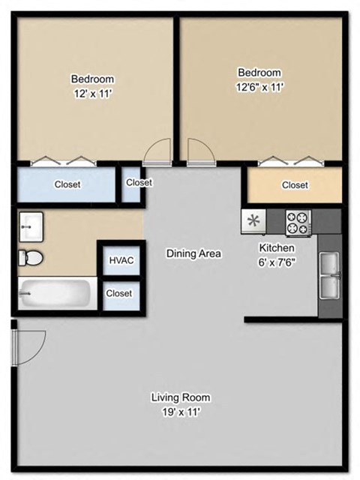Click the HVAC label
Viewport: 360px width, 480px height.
tap(121, 260)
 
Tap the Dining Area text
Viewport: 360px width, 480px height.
tap(193, 253)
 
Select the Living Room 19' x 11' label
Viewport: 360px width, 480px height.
tap(180, 403)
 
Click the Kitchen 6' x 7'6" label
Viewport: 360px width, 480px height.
tap(277, 254)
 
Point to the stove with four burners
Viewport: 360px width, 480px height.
tap(298, 221)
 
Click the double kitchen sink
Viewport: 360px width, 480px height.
tap(329, 275)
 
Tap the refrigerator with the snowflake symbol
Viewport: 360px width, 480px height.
tap(253, 221)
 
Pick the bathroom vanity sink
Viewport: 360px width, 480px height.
tap(32, 223)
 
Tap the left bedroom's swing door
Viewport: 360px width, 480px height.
tap(156, 154)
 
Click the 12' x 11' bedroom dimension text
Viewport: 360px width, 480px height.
tap(92, 94)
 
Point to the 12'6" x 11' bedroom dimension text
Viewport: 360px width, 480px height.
tap(259, 87)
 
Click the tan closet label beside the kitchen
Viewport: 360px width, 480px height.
tap(295, 185)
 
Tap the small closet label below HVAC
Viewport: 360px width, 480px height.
tap(119, 293)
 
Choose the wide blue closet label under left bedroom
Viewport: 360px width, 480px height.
tap(67, 184)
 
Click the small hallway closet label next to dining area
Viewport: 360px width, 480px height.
tap(139, 182)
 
